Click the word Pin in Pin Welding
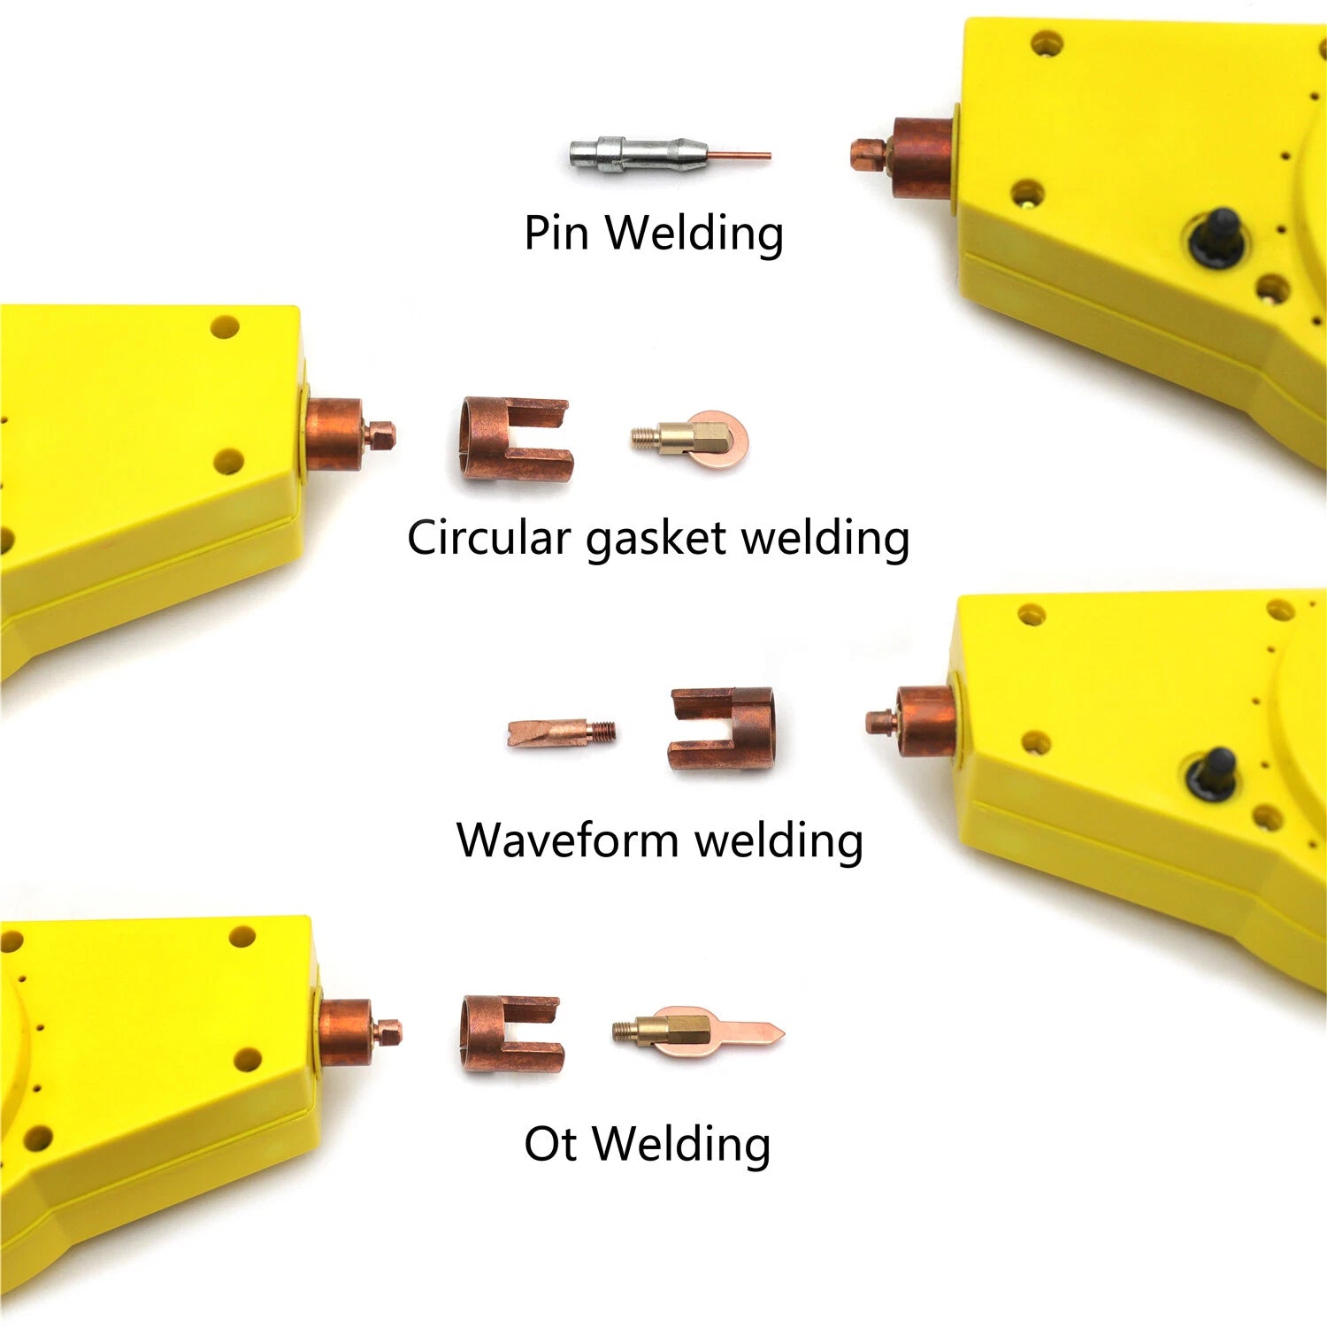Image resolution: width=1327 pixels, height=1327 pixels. coord(556,233)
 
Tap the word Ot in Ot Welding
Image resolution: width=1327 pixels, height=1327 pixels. coord(552,1144)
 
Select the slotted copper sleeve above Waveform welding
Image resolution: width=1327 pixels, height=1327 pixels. coord(722,728)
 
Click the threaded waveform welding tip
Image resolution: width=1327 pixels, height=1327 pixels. coord(562,733)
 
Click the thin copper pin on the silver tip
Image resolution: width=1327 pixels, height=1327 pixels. coord(740,157)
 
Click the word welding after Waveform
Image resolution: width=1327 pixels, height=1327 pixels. coord(779,841)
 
